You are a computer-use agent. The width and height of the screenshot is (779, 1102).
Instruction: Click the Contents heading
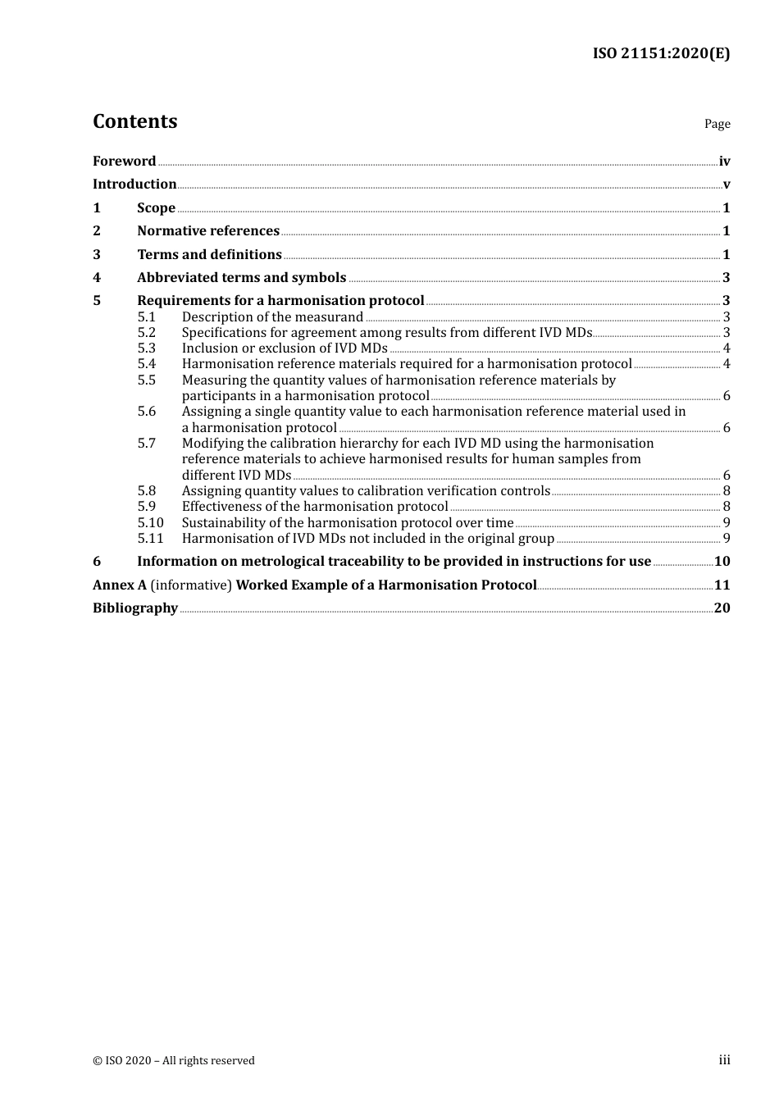(x=134, y=121)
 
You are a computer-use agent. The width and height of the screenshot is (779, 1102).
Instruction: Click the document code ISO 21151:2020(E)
(x=661, y=53)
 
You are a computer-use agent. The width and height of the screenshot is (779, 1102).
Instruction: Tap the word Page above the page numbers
(x=717, y=124)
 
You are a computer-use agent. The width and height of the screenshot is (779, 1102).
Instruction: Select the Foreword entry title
(x=124, y=161)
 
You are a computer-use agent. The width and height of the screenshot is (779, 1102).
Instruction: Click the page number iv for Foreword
(x=724, y=162)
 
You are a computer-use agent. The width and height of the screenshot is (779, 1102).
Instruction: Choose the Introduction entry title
(x=134, y=184)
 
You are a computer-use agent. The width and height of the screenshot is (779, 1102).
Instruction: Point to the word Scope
(x=156, y=208)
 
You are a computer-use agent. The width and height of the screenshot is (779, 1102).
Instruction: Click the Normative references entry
(x=208, y=231)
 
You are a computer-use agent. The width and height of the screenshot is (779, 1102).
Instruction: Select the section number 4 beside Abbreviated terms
(x=97, y=278)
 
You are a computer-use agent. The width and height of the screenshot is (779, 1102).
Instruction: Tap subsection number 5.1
(x=146, y=317)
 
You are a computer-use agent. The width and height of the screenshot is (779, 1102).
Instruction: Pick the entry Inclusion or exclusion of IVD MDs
(x=285, y=348)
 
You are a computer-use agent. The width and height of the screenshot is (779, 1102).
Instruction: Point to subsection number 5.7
(x=146, y=444)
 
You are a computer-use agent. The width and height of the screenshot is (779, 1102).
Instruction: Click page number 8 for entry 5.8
(x=727, y=491)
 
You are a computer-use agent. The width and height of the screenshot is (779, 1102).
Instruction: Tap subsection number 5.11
(x=150, y=539)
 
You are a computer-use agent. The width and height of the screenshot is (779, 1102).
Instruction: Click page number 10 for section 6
(x=722, y=562)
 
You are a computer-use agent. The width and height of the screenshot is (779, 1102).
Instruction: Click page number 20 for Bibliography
(x=722, y=608)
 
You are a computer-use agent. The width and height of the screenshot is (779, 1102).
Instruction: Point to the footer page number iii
(x=724, y=1060)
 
